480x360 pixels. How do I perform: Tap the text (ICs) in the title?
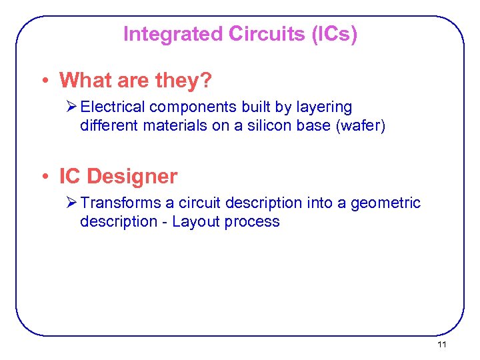coord(334,34)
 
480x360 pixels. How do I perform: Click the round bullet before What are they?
coord(44,81)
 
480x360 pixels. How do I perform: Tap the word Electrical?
coord(116,107)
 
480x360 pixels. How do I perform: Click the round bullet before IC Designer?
coord(44,177)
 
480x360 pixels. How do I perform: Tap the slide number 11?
coord(441,345)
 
